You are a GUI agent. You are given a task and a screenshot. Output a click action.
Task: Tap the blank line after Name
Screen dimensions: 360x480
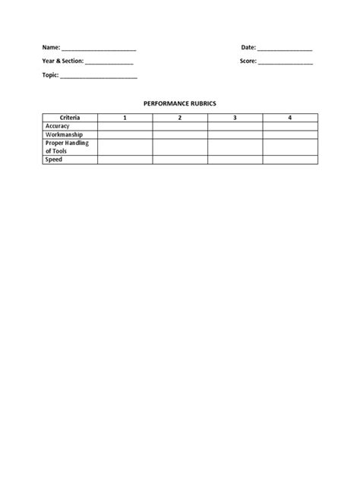[99, 49]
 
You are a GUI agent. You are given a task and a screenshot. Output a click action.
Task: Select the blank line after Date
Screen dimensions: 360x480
[285, 49]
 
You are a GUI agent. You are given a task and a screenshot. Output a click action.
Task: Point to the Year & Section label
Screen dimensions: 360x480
[62, 62]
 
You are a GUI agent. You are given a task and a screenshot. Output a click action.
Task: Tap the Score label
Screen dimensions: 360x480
[248, 62]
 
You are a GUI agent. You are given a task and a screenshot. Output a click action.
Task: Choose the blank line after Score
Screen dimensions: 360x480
[286, 63]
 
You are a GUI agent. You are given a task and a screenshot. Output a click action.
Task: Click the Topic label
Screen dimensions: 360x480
[50, 75]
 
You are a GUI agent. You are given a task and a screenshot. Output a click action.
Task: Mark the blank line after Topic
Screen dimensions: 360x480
[99, 77]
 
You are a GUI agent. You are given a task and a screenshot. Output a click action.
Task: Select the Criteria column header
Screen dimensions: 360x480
[70, 118]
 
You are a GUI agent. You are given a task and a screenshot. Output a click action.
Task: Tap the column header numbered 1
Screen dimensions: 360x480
[125, 118]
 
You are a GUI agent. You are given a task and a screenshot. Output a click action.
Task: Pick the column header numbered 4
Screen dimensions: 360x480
[290, 118]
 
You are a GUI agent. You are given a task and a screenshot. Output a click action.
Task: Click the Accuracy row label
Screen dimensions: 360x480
[58, 126]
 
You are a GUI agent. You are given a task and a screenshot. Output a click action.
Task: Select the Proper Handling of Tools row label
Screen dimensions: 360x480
[68, 147]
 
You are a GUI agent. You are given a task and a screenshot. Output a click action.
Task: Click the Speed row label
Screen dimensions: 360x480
[54, 159]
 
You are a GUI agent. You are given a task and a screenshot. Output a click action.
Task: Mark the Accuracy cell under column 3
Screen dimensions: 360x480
[235, 126]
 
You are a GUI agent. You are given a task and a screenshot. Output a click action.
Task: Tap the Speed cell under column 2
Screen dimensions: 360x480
[180, 159]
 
